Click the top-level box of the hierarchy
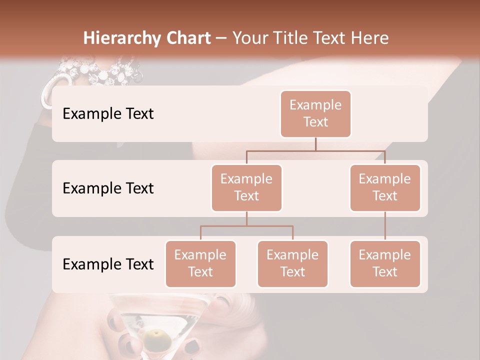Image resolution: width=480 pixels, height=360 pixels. [315, 113]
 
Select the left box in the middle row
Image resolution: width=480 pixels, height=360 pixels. [246, 187]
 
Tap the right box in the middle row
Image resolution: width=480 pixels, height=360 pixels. [385, 187]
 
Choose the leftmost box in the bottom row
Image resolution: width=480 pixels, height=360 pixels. [200, 263]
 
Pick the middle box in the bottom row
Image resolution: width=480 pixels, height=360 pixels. [292, 263]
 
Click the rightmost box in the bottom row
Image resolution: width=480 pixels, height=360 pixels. [385, 263]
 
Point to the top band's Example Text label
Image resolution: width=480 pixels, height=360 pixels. [108, 113]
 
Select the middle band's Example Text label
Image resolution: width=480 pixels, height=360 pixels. [108, 188]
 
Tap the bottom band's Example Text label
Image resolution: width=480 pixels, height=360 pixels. [108, 264]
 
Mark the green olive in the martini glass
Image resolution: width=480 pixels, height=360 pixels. [157, 335]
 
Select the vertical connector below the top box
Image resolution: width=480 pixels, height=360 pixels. [315, 144]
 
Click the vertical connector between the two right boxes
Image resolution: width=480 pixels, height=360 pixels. [385, 226]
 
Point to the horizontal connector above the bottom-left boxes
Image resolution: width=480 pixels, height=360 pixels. [246, 226]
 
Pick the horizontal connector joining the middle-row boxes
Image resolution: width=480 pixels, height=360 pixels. [315, 150]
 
